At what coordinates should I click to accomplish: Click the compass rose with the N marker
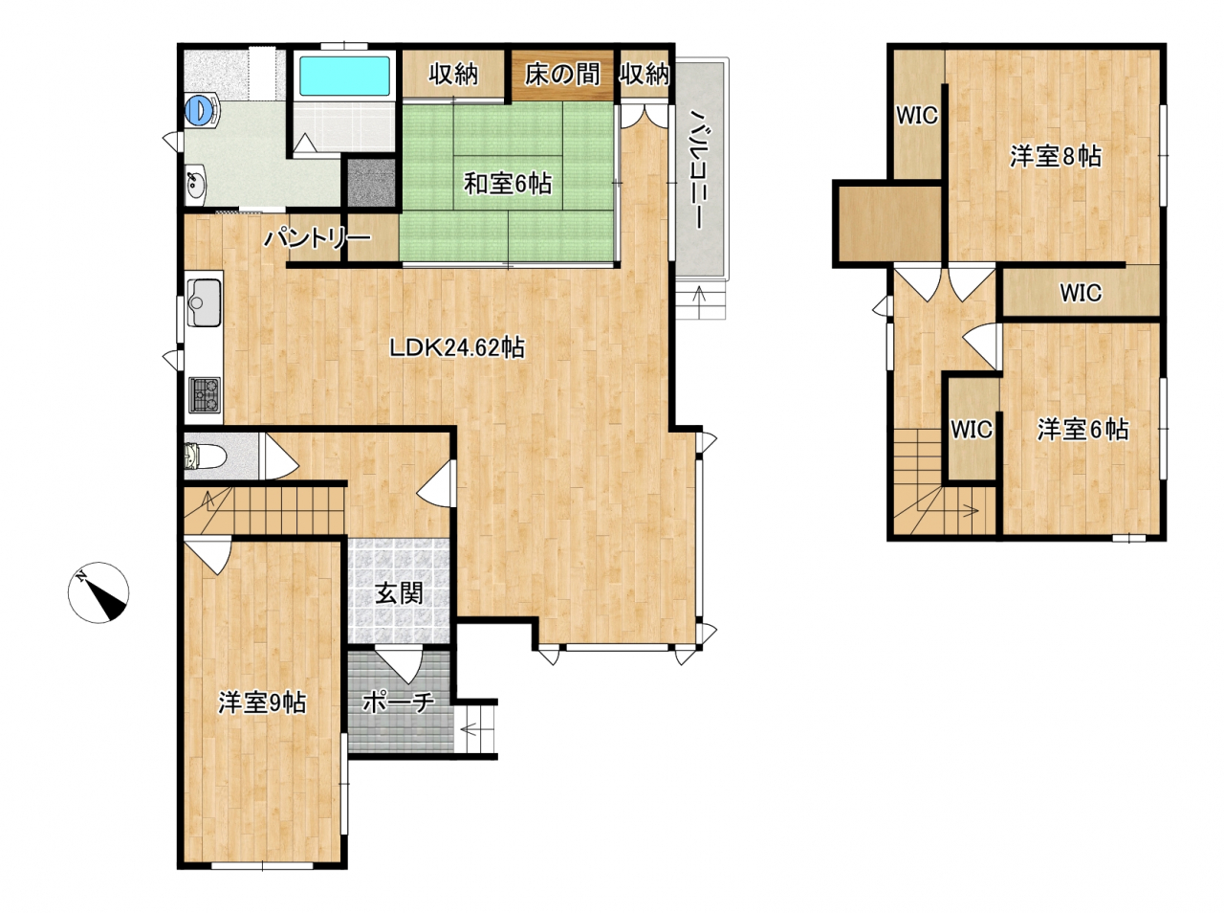tap(98, 591)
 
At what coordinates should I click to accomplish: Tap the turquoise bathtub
tap(344, 76)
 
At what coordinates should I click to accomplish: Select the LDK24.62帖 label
tap(456, 347)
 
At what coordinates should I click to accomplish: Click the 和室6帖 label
tap(508, 184)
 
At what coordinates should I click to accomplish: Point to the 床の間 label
tap(562, 75)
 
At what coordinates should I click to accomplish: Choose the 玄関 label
tap(399, 592)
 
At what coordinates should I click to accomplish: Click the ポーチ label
tap(398, 702)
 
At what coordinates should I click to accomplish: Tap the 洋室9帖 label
tap(262, 702)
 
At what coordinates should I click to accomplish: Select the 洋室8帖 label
tap(1056, 156)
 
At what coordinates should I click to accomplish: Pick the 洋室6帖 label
tap(1082, 429)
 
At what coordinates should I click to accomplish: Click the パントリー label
tap(317, 239)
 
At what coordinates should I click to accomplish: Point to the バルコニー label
tap(699, 168)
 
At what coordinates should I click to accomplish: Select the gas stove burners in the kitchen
tap(205, 394)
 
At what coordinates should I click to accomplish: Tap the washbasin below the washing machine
tap(195, 182)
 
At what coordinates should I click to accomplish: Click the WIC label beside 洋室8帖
tap(917, 116)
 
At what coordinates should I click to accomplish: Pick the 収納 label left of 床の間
tap(453, 75)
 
